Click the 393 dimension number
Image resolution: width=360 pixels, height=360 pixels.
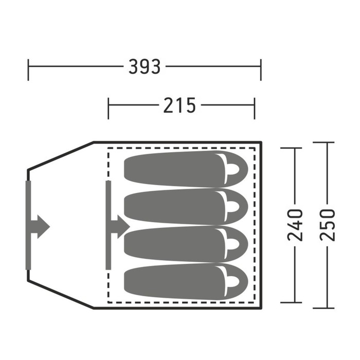[145, 66]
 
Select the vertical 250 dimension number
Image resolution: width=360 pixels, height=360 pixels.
[328, 225]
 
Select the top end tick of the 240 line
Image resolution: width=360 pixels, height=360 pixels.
[292, 148]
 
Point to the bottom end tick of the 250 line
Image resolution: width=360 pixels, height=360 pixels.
[324, 308]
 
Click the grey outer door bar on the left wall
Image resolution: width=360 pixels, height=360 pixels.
[28, 225]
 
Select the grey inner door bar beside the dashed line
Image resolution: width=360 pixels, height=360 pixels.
[109, 225]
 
